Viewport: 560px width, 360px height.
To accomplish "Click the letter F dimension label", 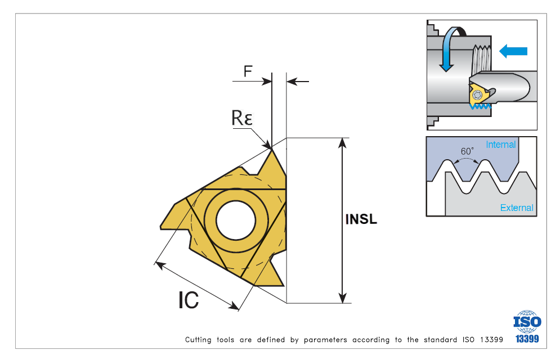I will point(248,71).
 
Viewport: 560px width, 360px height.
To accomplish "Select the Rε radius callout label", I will point(242,118).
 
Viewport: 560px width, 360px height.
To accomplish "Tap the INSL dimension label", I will point(361,219).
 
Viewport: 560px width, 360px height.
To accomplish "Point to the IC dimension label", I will point(189,300).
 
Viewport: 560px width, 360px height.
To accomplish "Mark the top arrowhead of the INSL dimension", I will point(342,142).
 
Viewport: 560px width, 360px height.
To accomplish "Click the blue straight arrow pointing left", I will point(513,51).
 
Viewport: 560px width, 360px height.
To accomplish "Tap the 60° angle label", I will point(467,151).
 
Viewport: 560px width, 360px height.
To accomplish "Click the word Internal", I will point(500,145).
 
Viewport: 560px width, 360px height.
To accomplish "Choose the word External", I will point(517,208).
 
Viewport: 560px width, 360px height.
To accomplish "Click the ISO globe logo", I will point(527,321).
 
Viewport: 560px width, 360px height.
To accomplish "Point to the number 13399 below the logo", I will point(527,339).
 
